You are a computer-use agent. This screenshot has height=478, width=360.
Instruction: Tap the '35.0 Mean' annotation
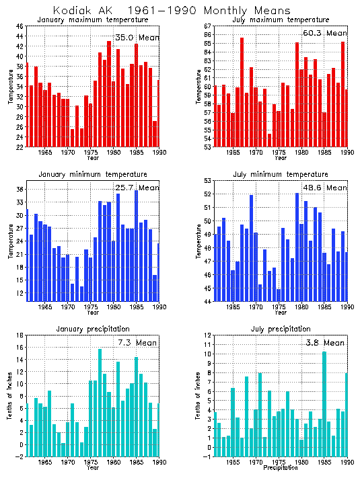pos(137,38)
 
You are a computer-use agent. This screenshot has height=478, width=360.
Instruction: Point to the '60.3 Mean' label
pos(326,33)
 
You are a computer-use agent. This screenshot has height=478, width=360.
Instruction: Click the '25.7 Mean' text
pos(137,188)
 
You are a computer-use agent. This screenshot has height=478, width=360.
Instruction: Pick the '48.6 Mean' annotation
pos(326,188)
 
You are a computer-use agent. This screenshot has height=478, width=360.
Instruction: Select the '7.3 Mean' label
pos(137,343)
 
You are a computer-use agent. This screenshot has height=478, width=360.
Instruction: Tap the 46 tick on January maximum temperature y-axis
pos(20,26)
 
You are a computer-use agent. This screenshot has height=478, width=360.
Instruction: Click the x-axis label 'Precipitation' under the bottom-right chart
pos(279,467)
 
